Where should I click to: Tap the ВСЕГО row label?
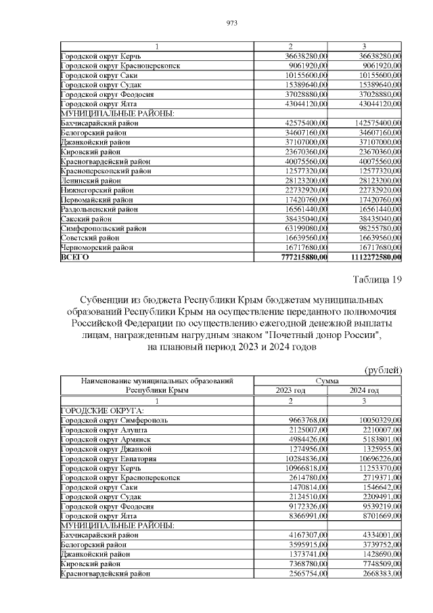[x=75, y=257]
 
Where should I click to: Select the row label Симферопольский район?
[x=103, y=229]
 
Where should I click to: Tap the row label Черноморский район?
[x=98, y=248]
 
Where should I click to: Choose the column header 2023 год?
[x=291, y=391]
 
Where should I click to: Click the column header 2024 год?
[x=365, y=391]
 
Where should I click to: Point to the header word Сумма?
[x=328, y=381]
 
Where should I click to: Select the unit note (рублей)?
[x=383, y=370]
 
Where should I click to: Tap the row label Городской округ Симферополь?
[x=114, y=421]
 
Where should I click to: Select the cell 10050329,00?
[x=378, y=421]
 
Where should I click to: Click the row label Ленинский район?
[x=91, y=181]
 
